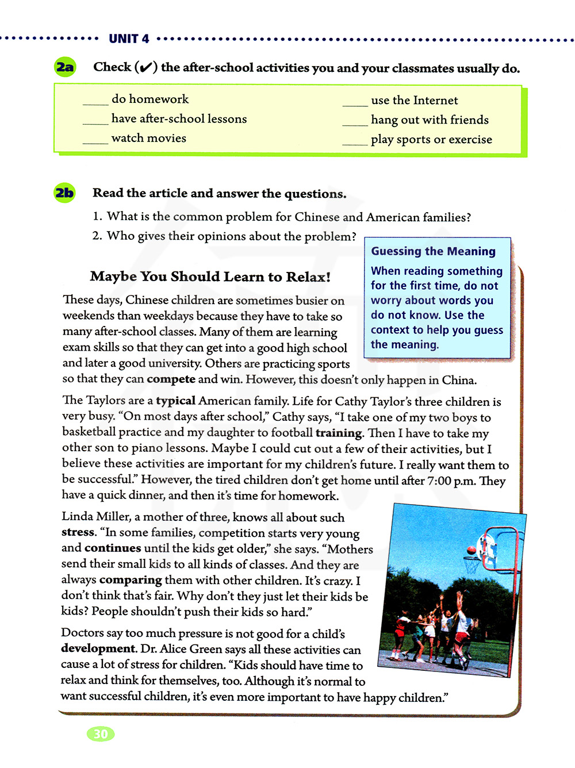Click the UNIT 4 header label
[x=129, y=39]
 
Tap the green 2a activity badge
[x=65, y=67]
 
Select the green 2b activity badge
[x=64, y=193]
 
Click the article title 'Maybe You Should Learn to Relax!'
[x=210, y=277]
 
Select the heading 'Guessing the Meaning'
[x=433, y=251]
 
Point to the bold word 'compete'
[x=171, y=379]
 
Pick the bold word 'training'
[x=339, y=433]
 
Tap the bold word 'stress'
[x=78, y=532]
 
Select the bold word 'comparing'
[x=131, y=580]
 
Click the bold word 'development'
[x=98, y=648]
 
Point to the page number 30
[x=101, y=734]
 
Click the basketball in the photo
[x=471, y=550]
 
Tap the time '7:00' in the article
[x=439, y=481]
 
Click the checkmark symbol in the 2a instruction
[x=146, y=68]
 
